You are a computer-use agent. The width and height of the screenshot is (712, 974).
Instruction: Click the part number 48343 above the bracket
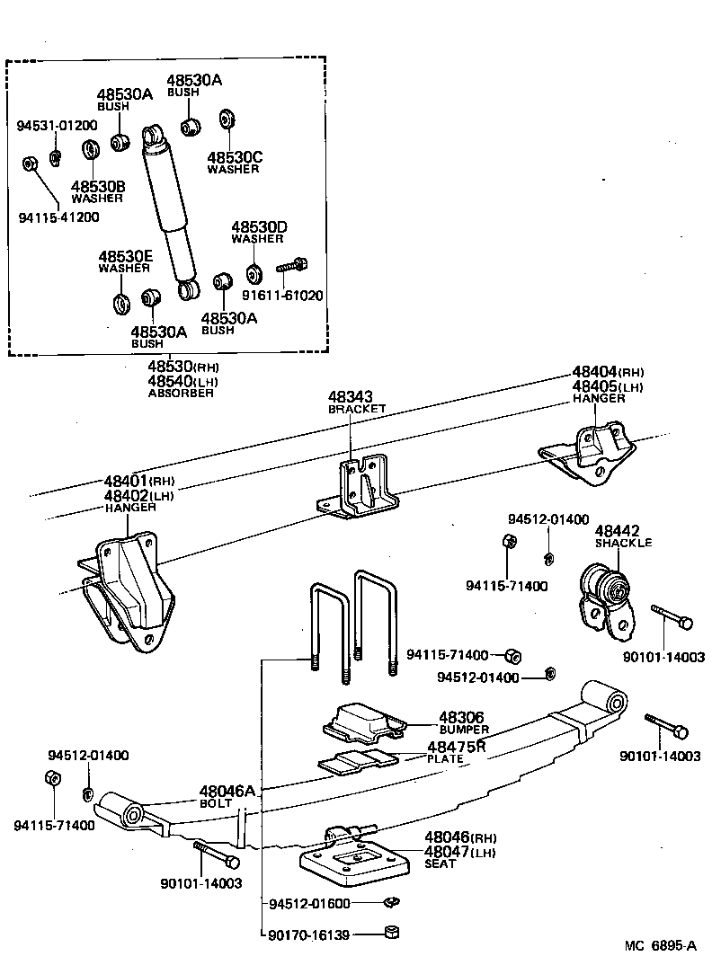(349, 396)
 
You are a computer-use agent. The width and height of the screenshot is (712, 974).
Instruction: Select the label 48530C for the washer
(234, 156)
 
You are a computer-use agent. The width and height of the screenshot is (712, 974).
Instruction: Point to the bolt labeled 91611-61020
(293, 265)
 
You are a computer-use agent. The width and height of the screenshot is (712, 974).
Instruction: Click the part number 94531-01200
(58, 126)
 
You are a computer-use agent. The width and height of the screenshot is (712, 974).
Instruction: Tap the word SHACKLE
(623, 543)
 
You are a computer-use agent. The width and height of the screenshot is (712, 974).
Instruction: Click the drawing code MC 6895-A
(662, 945)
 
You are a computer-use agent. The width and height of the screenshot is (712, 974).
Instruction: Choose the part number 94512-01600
(309, 903)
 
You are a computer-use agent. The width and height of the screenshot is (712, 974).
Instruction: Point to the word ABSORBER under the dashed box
(182, 393)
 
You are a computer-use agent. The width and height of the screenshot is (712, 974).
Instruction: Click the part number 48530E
(125, 256)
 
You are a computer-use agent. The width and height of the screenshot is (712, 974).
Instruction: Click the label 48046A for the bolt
(227, 791)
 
